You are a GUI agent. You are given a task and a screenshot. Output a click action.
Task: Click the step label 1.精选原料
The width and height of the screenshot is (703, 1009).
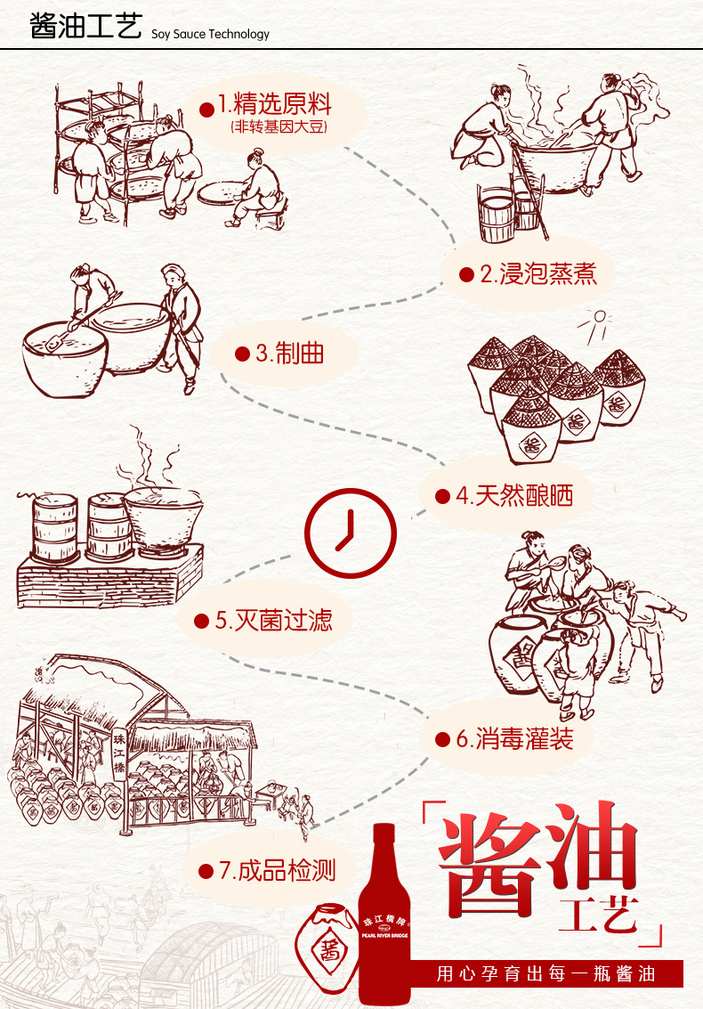[274, 105]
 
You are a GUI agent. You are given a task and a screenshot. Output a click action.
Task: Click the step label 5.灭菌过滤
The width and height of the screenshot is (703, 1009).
[273, 619]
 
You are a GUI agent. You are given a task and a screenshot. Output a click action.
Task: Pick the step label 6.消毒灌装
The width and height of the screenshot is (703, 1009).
[513, 738]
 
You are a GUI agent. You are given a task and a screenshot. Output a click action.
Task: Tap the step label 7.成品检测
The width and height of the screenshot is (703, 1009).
[277, 870]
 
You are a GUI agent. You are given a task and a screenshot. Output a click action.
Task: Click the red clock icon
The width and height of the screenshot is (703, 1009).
[350, 533]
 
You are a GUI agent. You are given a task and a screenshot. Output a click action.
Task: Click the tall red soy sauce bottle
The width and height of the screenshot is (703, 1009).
[384, 917]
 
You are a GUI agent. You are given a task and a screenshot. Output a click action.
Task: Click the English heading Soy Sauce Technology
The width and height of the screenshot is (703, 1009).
[210, 35]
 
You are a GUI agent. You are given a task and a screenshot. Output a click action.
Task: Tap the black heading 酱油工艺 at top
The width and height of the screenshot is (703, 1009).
[85, 28]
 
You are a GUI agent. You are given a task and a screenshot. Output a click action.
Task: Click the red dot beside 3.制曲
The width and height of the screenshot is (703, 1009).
[241, 354]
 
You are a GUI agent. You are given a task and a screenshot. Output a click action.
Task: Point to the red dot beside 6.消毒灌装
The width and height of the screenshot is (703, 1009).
[441, 739]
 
